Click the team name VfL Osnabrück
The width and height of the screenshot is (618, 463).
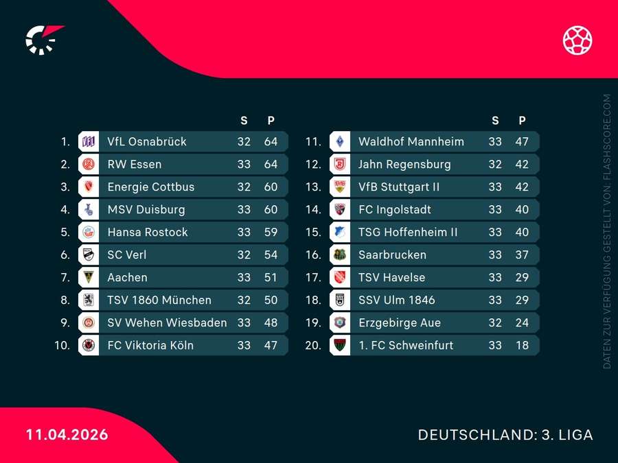pos(147,142)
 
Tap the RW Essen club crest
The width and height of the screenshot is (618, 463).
pos(89,165)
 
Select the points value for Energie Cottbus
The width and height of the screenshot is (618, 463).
pos(271,187)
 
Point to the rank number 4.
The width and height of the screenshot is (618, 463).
pos(65,210)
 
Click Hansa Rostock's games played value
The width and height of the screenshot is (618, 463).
pos(244,233)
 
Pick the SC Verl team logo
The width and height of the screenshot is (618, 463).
pos(89,255)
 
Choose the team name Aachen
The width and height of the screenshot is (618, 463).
pos(127,278)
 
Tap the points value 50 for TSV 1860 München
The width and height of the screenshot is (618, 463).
pos(271,300)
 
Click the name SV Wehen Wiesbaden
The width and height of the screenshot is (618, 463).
pos(167,323)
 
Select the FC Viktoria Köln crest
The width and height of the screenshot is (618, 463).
pos(89,346)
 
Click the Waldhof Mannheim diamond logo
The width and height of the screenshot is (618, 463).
pos(339,142)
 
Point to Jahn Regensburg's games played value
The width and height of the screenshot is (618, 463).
pos(495,165)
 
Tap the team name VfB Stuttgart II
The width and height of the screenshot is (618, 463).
pos(399,187)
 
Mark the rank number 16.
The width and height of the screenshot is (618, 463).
pos(313,255)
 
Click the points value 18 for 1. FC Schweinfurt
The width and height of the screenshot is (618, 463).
pos(522,346)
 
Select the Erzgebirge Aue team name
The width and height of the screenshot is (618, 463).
pos(400,323)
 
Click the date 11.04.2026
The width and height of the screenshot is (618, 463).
pos(67,435)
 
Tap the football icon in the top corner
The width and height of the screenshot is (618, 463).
pos(577,40)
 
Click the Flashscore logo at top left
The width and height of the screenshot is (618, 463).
pos(43,40)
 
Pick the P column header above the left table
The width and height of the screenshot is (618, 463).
pos(271,121)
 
